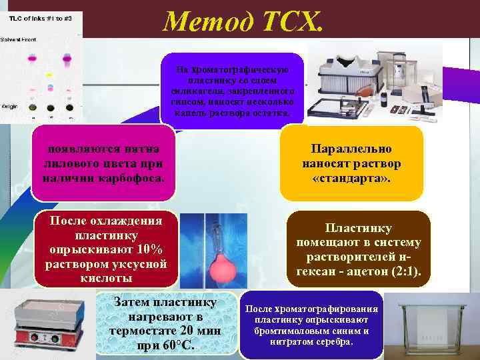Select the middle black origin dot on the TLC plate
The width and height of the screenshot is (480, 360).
pyautogui.click(x=49, y=107)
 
